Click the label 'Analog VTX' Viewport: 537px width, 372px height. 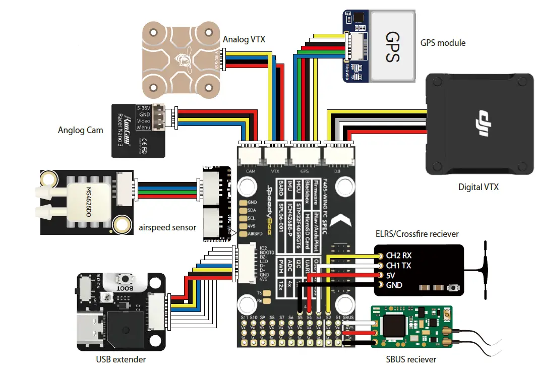click(x=244, y=39)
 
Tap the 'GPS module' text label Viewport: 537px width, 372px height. click(x=443, y=43)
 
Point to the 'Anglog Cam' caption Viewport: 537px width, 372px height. click(x=81, y=130)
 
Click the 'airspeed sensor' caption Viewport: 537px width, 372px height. click(x=167, y=227)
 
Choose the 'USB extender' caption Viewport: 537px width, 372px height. click(x=121, y=359)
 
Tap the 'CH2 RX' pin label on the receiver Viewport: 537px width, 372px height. click(x=398, y=255)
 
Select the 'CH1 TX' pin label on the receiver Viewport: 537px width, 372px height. click(x=398, y=265)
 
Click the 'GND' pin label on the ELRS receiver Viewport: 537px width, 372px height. click(x=394, y=285)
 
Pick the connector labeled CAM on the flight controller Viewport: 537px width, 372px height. click(x=251, y=156)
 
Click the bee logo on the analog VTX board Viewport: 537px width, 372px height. click(x=180, y=61)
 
